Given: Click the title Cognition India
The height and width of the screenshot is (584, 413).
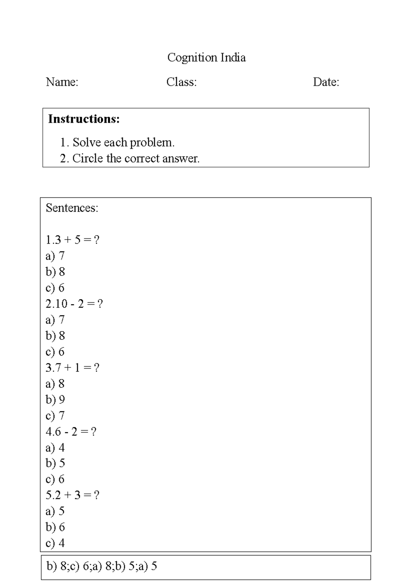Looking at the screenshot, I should (x=206, y=57).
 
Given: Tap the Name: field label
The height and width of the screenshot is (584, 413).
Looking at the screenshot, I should (x=62, y=82).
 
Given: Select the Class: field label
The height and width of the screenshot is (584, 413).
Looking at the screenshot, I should (x=181, y=82).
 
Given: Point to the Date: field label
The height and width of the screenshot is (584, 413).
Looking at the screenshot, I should (x=326, y=82).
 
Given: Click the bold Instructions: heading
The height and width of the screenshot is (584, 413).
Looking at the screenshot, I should (x=84, y=119).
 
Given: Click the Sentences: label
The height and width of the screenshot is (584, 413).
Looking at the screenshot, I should (x=72, y=208).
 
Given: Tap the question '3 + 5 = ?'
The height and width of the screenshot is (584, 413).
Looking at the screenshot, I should (x=73, y=240).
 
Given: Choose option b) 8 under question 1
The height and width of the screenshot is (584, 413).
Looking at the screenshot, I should (x=55, y=272).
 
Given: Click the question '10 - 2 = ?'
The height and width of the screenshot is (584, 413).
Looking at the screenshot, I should (x=74, y=304).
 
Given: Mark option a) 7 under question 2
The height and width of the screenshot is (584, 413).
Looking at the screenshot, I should (x=55, y=320).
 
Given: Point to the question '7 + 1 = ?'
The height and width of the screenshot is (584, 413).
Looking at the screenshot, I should (x=72, y=368).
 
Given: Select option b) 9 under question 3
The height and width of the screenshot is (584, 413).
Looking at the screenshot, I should (x=55, y=400).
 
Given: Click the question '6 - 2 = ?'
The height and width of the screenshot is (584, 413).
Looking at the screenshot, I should (x=71, y=432).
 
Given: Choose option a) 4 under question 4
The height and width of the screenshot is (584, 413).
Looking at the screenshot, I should (x=55, y=448).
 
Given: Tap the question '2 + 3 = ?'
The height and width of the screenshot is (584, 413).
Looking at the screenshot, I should (x=72, y=495).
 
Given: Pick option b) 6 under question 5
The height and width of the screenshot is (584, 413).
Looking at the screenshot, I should (x=55, y=527).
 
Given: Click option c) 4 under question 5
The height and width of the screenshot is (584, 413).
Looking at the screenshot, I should (x=55, y=543).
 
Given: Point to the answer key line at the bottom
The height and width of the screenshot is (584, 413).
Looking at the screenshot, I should (x=102, y=566).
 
